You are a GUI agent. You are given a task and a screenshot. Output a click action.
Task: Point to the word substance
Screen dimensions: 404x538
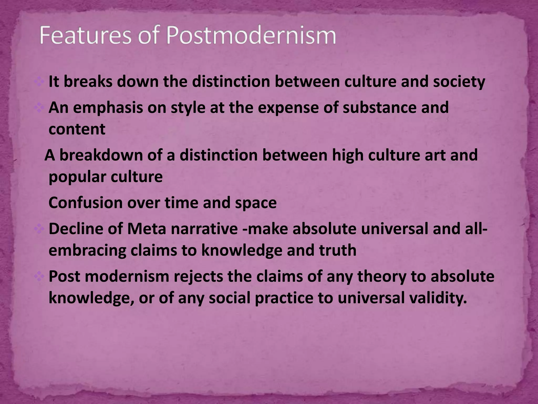379,108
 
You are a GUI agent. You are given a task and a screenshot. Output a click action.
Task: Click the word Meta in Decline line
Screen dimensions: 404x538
147,229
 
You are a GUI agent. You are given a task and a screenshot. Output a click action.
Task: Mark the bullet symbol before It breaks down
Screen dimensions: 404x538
39,82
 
